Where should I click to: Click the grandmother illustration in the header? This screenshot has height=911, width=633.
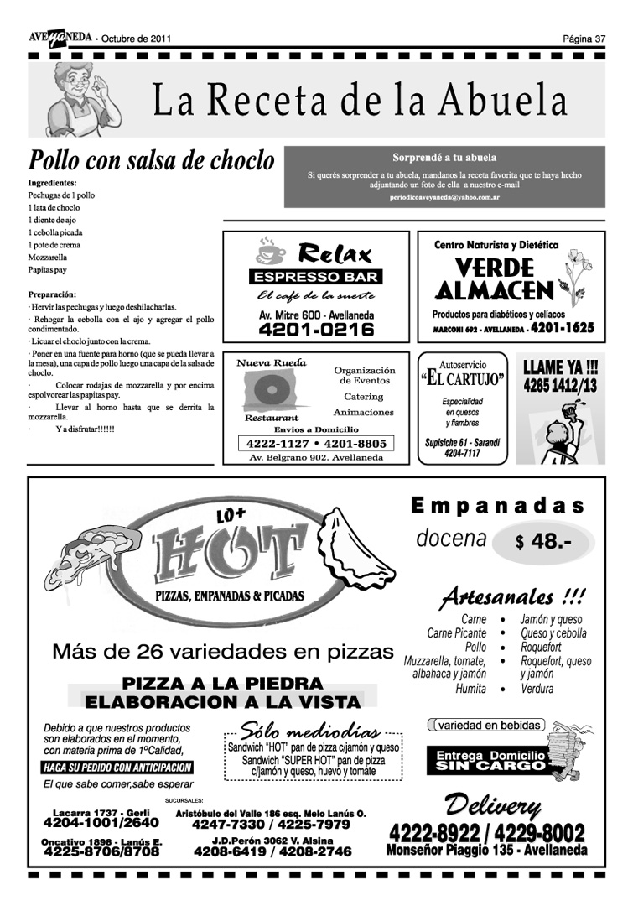(79, 100)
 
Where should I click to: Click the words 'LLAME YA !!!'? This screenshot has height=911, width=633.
(560, 367)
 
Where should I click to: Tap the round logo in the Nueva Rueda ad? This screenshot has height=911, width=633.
(271, 391)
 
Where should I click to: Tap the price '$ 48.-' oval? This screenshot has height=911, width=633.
(544, 542)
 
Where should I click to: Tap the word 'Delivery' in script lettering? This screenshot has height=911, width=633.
(492, 807)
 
